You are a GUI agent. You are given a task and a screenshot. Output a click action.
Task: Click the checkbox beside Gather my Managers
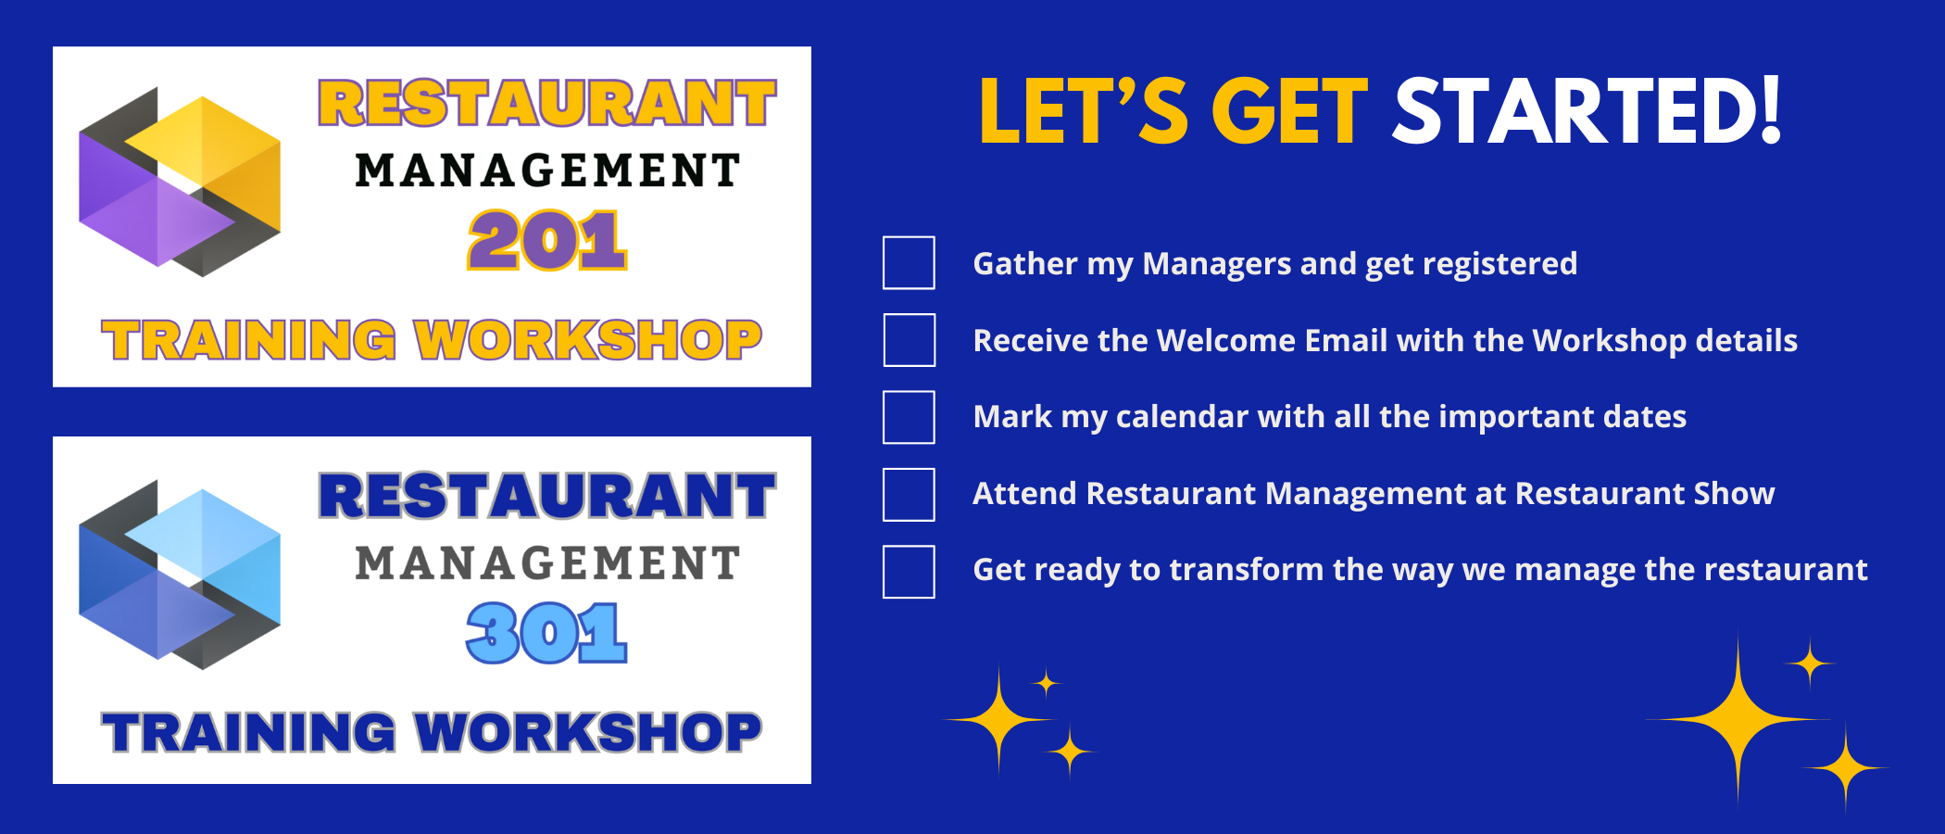click(909, 263)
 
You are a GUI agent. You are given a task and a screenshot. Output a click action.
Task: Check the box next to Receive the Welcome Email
click(909, 340)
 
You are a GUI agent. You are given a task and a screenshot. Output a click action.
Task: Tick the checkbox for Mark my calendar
click(909, 417)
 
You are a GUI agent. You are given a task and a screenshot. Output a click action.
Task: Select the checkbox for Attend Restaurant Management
click(909, 495)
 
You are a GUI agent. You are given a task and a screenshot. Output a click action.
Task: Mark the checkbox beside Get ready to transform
click(909, 572)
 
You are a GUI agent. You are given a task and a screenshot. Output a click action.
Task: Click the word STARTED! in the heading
click(1587, 111)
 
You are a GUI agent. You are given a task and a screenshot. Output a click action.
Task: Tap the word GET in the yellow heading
click(1289, 111)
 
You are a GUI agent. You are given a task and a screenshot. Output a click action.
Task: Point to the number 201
click(547, 240)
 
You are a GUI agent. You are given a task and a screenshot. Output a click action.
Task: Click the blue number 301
click(547, 633)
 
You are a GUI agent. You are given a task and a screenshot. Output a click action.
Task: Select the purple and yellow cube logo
click(180, 182)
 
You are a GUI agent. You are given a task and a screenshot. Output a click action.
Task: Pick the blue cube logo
click(180, 575)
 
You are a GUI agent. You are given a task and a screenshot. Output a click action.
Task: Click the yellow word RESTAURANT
click(547, 103)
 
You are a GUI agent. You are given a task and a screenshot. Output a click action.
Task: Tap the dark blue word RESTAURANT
click(547, 496)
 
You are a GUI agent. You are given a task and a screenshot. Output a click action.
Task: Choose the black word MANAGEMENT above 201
click(547, 171)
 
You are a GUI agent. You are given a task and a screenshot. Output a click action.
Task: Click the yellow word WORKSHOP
click(588, 340)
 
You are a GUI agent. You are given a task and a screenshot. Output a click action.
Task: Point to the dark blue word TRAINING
click(249, 733)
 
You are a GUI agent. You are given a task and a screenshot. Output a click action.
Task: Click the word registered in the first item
click(1500, 265)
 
